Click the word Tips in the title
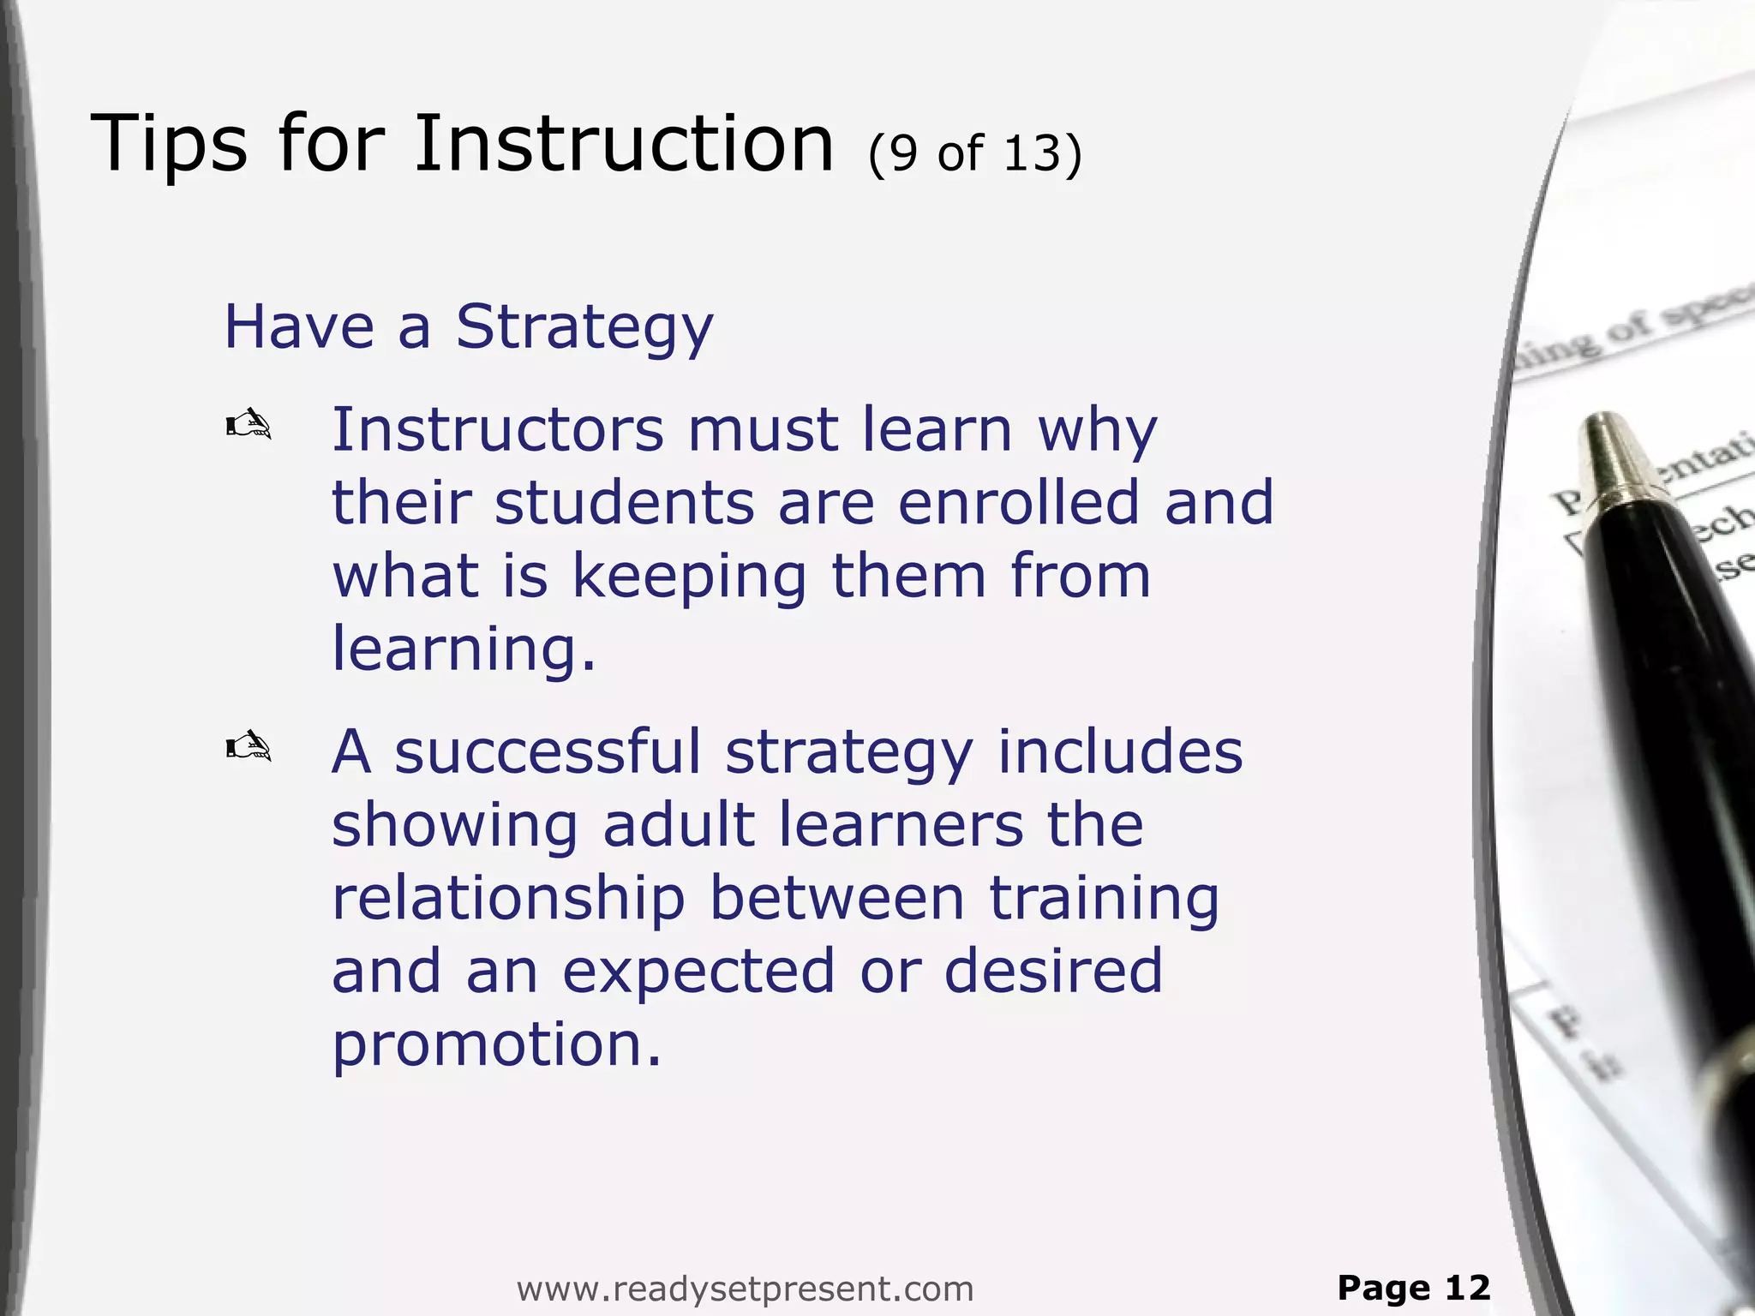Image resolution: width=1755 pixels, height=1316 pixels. [169, 144]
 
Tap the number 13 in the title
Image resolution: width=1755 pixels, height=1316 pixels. [1032, 153]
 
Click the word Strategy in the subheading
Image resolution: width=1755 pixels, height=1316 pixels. [584, 328]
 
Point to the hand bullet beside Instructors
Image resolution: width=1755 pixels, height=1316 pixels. [249, 424]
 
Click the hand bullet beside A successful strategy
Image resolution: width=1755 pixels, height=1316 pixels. [249, 746]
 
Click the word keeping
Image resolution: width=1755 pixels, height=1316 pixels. [689, 577]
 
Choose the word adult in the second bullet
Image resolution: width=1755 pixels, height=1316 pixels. [679, 825]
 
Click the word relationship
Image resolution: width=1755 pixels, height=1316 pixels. [508, 899]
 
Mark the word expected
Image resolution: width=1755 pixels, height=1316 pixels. [698, 972]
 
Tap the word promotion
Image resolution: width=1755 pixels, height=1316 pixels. [497, 1046]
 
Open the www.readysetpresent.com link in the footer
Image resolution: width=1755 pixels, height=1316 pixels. [745, 1289]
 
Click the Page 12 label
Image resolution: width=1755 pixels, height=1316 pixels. [1413, 1287]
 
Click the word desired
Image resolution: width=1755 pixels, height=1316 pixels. [1053, 971]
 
